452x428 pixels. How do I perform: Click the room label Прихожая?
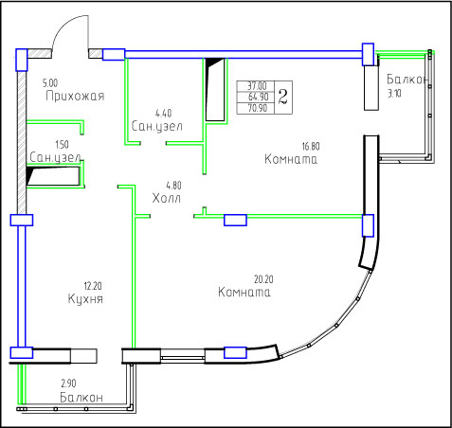click(x=75, y=96)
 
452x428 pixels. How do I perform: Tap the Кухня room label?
click(x=85, y=299)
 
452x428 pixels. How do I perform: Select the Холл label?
click(x=167, y=199)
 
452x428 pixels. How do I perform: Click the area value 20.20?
click(x=263, y=279)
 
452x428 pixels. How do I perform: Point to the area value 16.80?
click(x=311, y=147)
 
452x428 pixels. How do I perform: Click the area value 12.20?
click(x=93, y=286)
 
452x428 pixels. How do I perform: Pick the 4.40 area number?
click(x=163, y=113)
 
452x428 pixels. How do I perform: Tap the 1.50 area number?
click(x=62, y=145)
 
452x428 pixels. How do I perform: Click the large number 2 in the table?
click(x=283, y=97)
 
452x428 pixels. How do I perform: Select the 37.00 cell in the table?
click(x=257, y=85)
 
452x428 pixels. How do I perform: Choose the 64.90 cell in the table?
click(x=258, y=97)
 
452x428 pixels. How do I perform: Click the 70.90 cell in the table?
click(x=258, y=108)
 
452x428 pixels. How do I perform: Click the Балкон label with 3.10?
click(x=407, y=80)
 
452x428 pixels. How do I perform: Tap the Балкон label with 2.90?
click(x=81, y=398)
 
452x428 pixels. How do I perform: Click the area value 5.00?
click(x=50, y=83)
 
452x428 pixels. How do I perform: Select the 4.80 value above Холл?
click(x=173, y=186)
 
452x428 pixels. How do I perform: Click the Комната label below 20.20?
click(x=244, y=293)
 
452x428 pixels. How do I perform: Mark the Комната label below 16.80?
click(x=291, y=159)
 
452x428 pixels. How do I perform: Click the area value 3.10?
click(x=394, y=94)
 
